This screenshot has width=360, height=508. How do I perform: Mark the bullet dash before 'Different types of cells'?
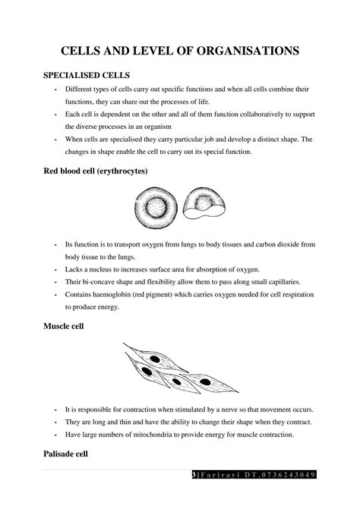[56, 89]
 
